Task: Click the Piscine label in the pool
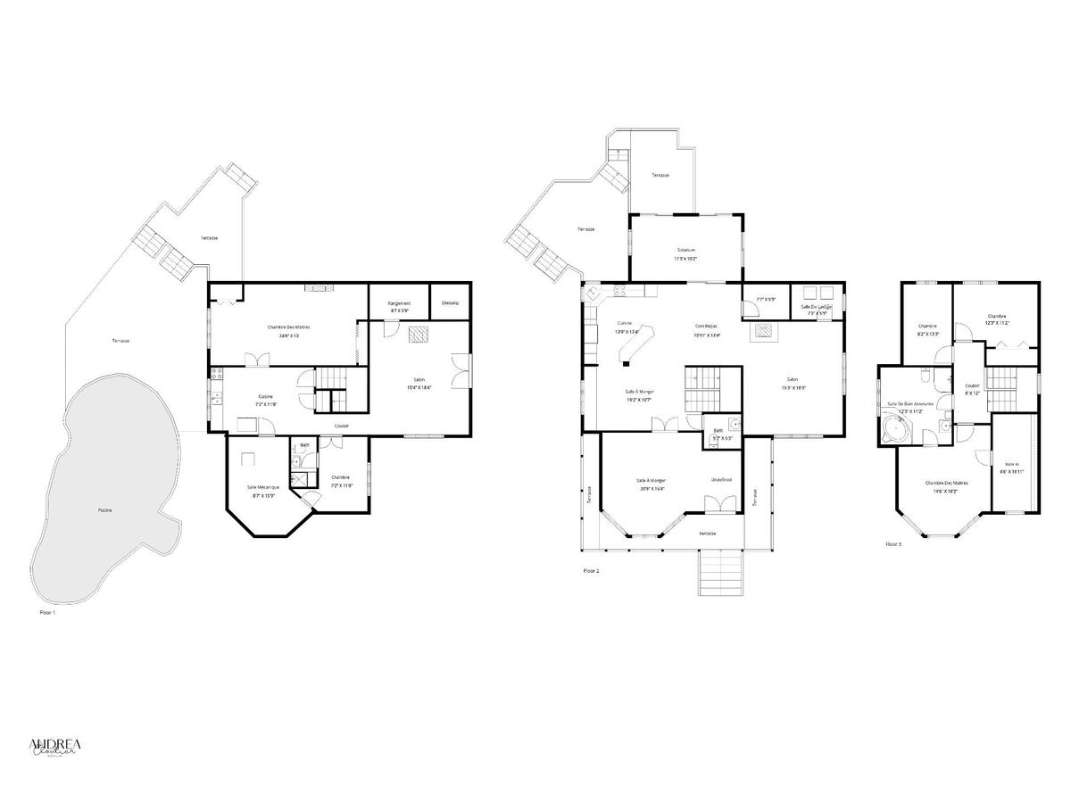point(105,509)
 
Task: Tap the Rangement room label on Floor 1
point(399,303)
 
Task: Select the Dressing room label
point(450,302)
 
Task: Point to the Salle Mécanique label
point(263,486)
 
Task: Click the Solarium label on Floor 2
point(685,250)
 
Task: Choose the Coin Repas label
point(706,326)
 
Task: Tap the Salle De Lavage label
point(816,307)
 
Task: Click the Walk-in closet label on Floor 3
point(1012,464)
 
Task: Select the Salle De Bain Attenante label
point(910,403)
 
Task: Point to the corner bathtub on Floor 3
point(893,431)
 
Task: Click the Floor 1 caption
point(48,613)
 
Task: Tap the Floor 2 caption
point(591,570)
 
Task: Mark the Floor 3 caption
point(893,543)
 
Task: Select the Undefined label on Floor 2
point(721,480)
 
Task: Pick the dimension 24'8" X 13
point(288,336)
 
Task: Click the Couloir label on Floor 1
point(342,426)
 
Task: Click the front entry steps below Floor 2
point(719,571)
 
